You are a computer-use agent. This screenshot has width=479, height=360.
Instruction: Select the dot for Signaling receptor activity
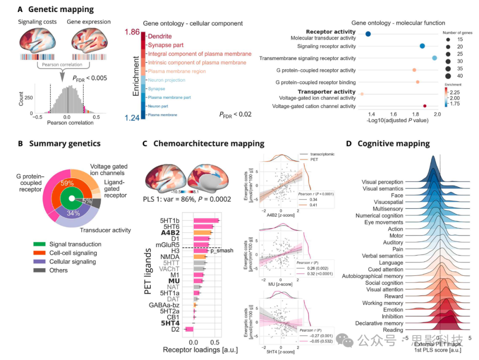(x=422, y=46)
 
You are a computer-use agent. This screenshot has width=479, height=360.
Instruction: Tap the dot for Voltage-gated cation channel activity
(x=425, y=106)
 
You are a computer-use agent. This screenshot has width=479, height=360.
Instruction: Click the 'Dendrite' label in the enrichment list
(x=160, y=36)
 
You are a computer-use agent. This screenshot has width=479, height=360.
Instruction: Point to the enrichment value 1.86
(x=132, y=32)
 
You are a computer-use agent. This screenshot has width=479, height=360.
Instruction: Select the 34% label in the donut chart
(x=73, y=213)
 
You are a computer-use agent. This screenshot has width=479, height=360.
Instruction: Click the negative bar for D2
(x=188, y=329)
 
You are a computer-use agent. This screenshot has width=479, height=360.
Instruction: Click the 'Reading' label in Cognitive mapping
(x=393, y=330)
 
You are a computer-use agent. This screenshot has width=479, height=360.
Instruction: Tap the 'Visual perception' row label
(x=382, y=182)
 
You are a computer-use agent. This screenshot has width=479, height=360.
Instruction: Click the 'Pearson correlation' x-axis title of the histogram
(x=70, y=123)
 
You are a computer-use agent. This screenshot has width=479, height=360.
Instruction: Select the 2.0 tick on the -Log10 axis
(x=437, y=115)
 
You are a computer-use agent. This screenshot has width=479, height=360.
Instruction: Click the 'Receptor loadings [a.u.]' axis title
(x=200, y=350)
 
